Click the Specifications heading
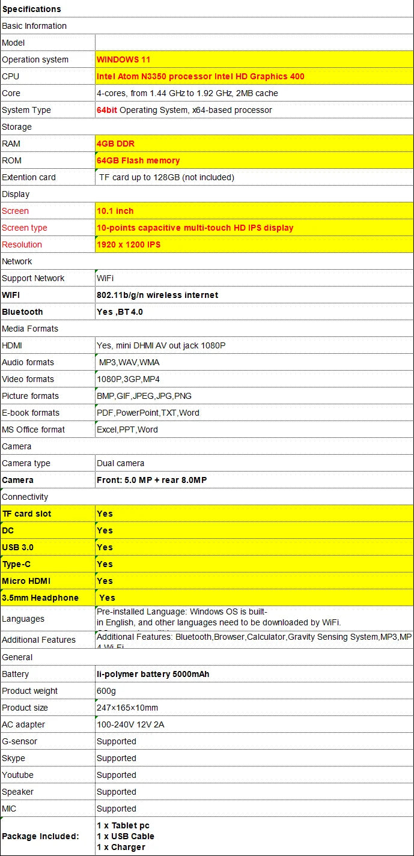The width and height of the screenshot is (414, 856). click(x=31, y=9)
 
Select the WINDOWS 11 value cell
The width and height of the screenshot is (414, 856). click(x=123, y=59)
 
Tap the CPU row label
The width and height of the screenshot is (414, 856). click(x=11, y=76)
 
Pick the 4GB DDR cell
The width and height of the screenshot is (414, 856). click(x=115, y=144)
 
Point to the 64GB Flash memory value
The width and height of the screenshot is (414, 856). click(x=138, y=160)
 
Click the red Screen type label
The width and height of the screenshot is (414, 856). click(x=25, y=228)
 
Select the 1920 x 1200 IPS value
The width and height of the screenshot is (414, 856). click(x=129, y=244)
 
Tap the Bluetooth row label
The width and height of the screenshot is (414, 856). click(x=22, y=312)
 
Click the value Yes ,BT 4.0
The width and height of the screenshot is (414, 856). click(x=120, y=312)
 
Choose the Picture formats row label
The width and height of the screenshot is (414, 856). click(x=30, y=396)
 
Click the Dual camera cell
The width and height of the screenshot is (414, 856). click(x=120, y=463)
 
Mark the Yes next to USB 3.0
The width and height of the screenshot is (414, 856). click(x=105, y=547)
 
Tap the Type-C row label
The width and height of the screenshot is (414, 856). click(x=16, y=564)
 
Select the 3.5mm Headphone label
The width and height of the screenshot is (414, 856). click(x=40, y=598)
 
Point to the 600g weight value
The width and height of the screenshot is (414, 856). click(x=106, y=691)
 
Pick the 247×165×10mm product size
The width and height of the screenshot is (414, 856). click(x=127, y=708)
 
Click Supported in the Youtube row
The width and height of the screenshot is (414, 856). click(x=117, y=775)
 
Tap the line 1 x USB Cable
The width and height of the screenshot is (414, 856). click(x=126, y=836)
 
